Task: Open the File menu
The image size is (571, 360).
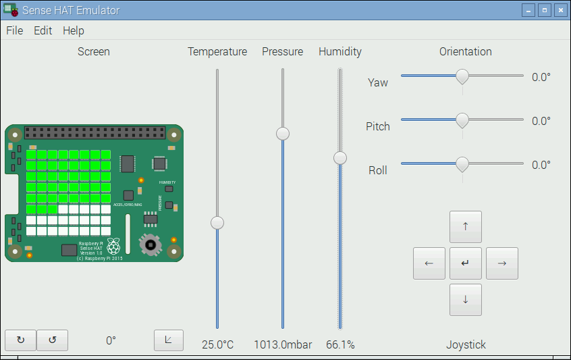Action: (x=14, y=30)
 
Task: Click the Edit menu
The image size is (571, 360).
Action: (x=43, y=30)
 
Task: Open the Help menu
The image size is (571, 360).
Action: (x=73, y=30)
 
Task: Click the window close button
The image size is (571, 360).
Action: (x=560, y=10)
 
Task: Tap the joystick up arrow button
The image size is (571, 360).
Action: (x=466, y=227)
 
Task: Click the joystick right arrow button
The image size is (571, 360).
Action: (x=502, y=263)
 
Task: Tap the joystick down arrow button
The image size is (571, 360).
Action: (x=466, y=300)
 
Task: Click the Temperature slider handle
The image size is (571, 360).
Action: (x=217, y=222)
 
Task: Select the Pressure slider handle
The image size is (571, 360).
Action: (x=283, y=133)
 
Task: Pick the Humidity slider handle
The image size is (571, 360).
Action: (x=340, y=157)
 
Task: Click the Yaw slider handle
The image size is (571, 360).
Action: (x=462, y=76)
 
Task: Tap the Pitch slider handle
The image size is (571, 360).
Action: (x=462, y=120)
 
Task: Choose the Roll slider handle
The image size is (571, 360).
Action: (x=462, y=164)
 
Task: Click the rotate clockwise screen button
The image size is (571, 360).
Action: (x=20, y=340)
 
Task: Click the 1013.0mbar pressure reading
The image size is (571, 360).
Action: (x=283, y=344)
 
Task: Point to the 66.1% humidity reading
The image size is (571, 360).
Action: (x=340, y=344)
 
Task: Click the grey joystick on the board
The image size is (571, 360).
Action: (x=151, y=244)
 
